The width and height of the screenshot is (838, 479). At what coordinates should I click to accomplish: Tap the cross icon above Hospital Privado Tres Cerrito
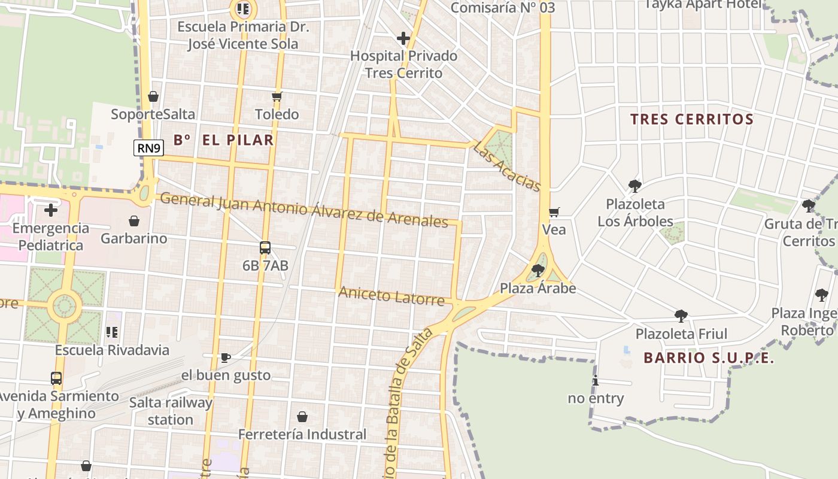click(x=403, y=39)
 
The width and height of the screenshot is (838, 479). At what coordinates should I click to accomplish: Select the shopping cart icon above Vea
click(x=554, y=212)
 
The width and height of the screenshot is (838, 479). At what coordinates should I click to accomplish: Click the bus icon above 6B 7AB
click(x=265, y=247)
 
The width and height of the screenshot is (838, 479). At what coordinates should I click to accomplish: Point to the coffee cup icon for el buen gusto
click(x=226, y=357)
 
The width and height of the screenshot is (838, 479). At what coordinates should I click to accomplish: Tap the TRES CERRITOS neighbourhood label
click(x=691, y=119)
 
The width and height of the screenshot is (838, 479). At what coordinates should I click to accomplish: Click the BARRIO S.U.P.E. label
click(x=709, y=358)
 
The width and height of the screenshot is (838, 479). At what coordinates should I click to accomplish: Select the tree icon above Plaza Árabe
click(x=538, y=271)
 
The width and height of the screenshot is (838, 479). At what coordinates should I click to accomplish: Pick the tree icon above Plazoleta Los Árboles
click(x=635, y=186)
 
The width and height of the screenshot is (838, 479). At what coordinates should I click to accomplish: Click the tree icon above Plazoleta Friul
click(x=681, y=316)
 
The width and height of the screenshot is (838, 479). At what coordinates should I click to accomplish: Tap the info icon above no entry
click(x=595, y=381)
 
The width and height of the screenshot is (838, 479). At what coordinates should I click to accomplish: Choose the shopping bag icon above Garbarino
click(x=134, y=221)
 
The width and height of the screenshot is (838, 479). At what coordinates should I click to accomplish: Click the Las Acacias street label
click(x=506, y=166)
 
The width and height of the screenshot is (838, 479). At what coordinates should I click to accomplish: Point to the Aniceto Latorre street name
click(x=391, y=295)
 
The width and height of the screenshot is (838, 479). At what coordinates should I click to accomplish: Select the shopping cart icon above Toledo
click(x=277, y=96)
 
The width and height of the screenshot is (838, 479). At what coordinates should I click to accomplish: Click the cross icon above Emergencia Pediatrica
click(x=51, y=210)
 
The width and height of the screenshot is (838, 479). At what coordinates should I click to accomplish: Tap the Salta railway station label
click(x=171, y=411)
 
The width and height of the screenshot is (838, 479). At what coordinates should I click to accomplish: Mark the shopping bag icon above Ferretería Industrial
click(x=302, y=417)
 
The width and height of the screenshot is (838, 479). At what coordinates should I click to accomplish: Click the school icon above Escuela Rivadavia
click(x=112, y=332)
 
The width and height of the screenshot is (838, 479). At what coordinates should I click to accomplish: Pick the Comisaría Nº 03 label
click(x=502, y=8)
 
